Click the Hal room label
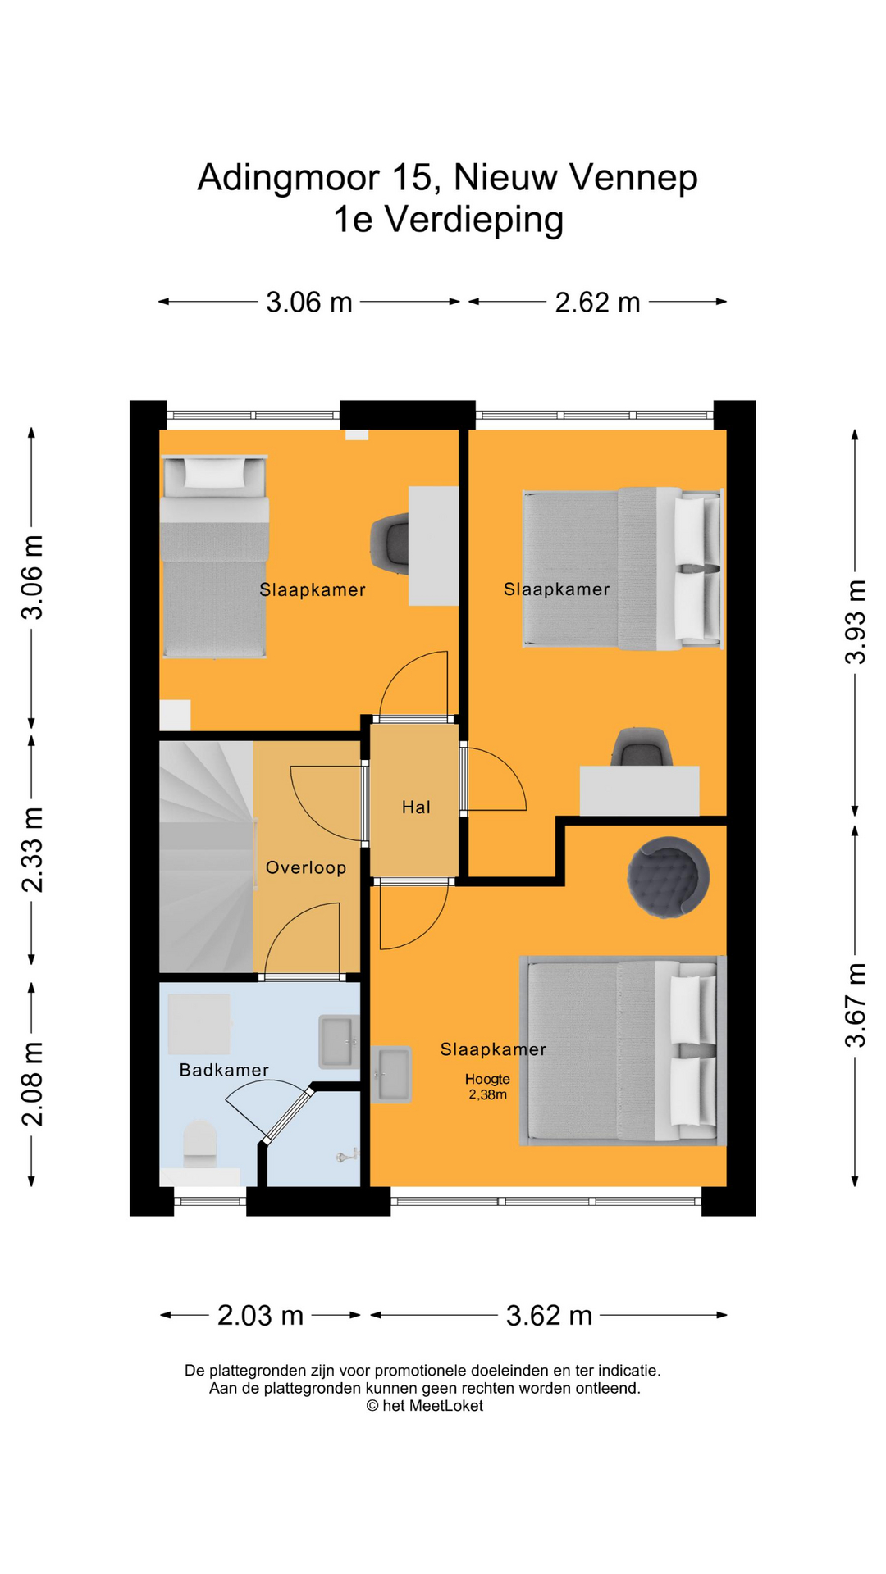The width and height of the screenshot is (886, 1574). click(x=416, y=807)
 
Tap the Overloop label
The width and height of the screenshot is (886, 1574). click(x=306, y=867)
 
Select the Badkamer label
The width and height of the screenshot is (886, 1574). click(x=224, y=1070)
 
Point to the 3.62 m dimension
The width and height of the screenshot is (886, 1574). click(x=549, y=1315)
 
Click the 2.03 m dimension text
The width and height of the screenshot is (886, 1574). click(x=260, y=1315)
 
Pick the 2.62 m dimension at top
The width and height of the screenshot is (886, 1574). click(x=597, y=302)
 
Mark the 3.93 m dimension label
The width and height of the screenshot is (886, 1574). click(x=856, y=621)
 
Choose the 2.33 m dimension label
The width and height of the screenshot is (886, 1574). click(x=32, y=849)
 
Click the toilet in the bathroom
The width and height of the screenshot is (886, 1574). click(x=199, y=1144)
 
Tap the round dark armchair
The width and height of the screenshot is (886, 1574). click(x=668, y=876)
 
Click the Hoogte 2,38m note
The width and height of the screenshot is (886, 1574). click(x=487, y=1086)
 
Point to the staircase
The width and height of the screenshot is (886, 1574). click(x=206, y=857)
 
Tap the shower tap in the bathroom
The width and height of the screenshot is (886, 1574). click(x=347, y=1155)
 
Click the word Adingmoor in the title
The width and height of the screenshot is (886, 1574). click(x=289, y=178)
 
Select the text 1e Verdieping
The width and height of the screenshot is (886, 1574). click(x=448, y=220)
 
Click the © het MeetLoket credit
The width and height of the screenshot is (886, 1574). click(x=424, y=1405)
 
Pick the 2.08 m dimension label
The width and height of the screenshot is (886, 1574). click(x=32, y=1084)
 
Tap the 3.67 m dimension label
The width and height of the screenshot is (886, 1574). click(x=856, y=1005)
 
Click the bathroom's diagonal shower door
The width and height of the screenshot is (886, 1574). click(x=287, y=1114)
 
